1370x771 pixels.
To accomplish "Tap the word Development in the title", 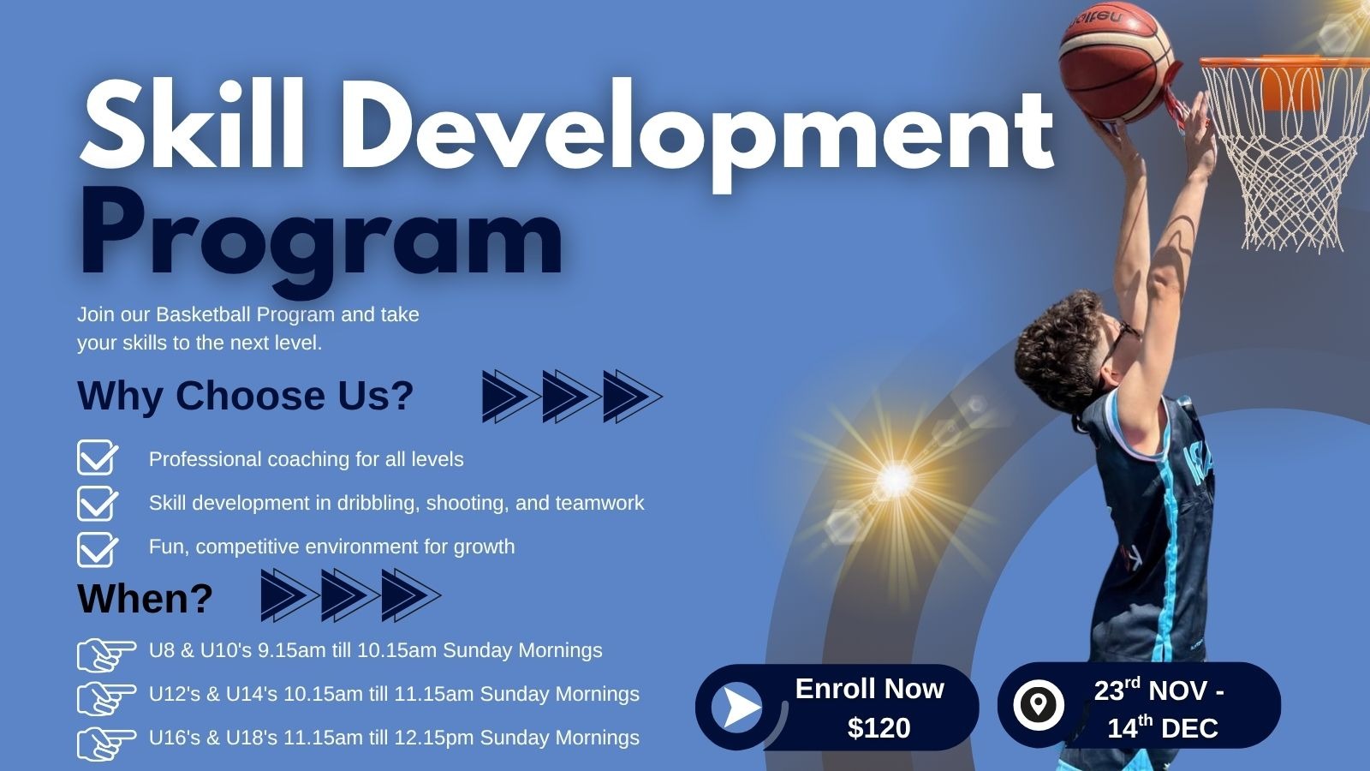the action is pyautogui.click(x=697, y=134).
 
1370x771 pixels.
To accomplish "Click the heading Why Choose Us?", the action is pyautogui.click(x=245, y=395).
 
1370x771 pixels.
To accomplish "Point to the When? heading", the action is pyautogui.click(x=145, y=598).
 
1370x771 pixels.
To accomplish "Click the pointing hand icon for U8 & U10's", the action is pyautogui.click(x=106, y=654).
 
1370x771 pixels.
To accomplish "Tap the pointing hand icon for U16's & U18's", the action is pyautogui.click(x=106, y=744).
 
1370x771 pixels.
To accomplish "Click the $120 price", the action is pyautogui.click(x=879, y=727).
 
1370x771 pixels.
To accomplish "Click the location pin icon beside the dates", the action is pyautogui.click(x=1039, y=704).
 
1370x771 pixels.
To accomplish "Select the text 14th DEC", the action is pyautogui.click(x=1163, y=727).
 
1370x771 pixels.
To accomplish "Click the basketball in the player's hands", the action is pyautogui.click(x=1117, y=60).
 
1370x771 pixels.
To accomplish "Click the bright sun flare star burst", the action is pyautogui.click(x=896, y=479).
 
